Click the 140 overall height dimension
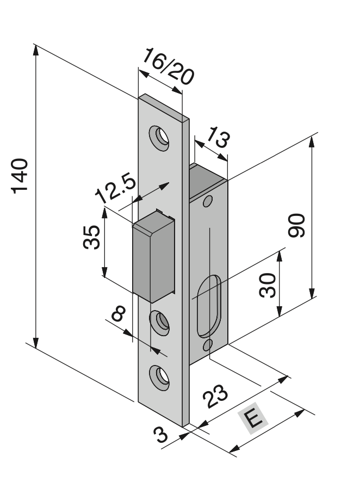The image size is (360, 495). (x=20, y=176)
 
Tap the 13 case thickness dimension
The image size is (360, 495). (x=216, y=137)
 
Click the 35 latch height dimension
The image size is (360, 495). (x=92, y=236)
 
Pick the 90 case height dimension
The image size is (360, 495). (x=297, y=225)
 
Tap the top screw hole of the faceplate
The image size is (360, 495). (x=160, y=137)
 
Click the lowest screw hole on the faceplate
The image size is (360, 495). (x=159, y=376)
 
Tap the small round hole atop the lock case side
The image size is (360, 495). (x=206, y=202)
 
